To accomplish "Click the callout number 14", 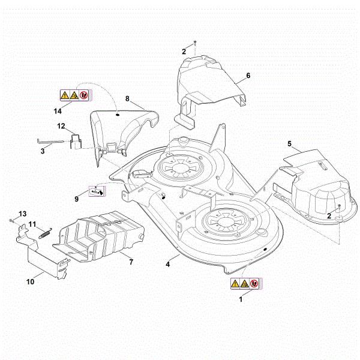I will (58, 112).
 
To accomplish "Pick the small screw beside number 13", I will (11, 222).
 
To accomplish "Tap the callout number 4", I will (168, 263).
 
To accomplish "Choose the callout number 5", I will (289, 144).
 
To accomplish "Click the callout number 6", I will (248, 76).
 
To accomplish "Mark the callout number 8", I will (127, 98).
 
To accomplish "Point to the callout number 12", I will (61, 126).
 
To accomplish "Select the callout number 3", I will (42, 152).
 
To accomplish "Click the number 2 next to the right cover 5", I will (329, 215).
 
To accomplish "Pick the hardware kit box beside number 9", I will (96, 190).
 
